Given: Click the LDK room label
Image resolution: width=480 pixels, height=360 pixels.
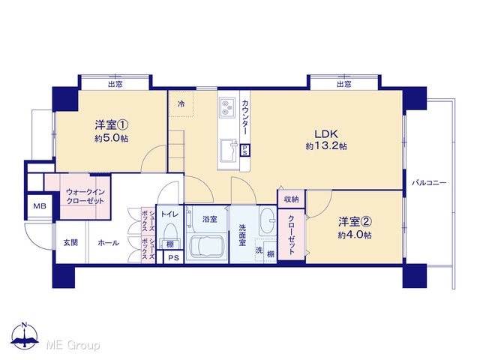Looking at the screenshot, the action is pos(326,134).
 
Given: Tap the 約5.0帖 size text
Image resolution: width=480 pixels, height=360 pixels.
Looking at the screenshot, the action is pos(112,138).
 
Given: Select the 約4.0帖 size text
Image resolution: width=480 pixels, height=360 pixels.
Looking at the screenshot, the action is pos(355,235).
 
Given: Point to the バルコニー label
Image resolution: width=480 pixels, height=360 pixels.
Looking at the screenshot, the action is pos(429,183).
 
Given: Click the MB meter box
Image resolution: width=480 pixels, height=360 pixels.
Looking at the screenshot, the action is pos(40,206).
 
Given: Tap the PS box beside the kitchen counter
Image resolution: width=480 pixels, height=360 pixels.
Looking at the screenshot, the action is pos(245,150).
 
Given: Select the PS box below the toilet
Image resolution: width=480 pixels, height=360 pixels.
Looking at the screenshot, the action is pos(173,258).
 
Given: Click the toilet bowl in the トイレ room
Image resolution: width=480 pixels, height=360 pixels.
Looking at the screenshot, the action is pos(170,230).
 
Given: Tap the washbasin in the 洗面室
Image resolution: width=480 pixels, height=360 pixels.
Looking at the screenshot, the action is pos(268,220).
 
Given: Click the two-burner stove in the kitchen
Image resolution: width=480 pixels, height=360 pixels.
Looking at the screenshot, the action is pos(227,107).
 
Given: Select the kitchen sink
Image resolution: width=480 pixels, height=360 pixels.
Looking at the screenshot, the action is pos(228,151).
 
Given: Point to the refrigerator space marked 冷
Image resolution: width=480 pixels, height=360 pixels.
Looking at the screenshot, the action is pos(181,103).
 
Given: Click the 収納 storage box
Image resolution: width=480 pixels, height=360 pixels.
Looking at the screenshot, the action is pos(291,199).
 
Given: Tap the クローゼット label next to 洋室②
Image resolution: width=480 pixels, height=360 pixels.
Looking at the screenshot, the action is pos(292,235).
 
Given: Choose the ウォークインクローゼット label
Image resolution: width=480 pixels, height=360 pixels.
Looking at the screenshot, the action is pos(85,196).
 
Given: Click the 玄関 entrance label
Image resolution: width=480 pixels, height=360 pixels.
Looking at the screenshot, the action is pos(70,243).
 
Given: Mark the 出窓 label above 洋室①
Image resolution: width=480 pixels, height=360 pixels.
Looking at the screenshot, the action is pos(115,84).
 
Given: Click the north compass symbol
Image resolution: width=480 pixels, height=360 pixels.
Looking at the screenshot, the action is pos(25,336).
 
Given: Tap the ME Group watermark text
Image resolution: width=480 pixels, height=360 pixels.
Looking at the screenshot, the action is pos(73,345).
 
